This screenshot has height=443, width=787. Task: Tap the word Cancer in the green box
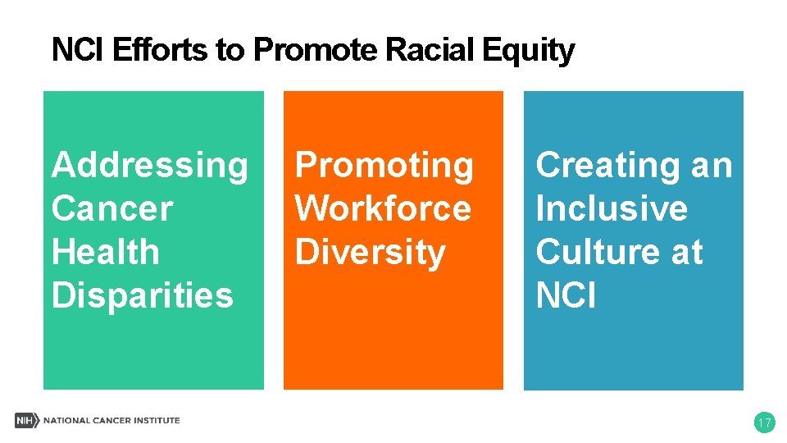pyautogui.click(x=111, y=208)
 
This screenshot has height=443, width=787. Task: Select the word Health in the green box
pyautogui.click(x=105, y=251)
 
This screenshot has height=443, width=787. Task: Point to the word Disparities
pyautogui.click(x=142, y=295)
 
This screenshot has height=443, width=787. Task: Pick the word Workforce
pyautogui.click(x=383, y=208)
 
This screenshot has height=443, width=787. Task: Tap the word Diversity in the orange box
pyautogui.click(x=370, y=252)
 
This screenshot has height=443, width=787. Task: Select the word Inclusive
pyautogui.click(x=612, y=208)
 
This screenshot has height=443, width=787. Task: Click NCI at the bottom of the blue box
pyautogui.click(x=566, y=295)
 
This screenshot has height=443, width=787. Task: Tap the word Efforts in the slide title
pyautogui.click(x=160, y=51)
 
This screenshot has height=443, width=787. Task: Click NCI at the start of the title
pyautogui.click(x=78, y=51)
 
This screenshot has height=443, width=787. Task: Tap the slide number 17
pyautogui.click(x=764, y=423)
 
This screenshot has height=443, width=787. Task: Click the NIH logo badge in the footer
pyautogui.click(x=27, y=421)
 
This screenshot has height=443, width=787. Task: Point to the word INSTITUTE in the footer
pyautogui.click(x=155, y=421)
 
